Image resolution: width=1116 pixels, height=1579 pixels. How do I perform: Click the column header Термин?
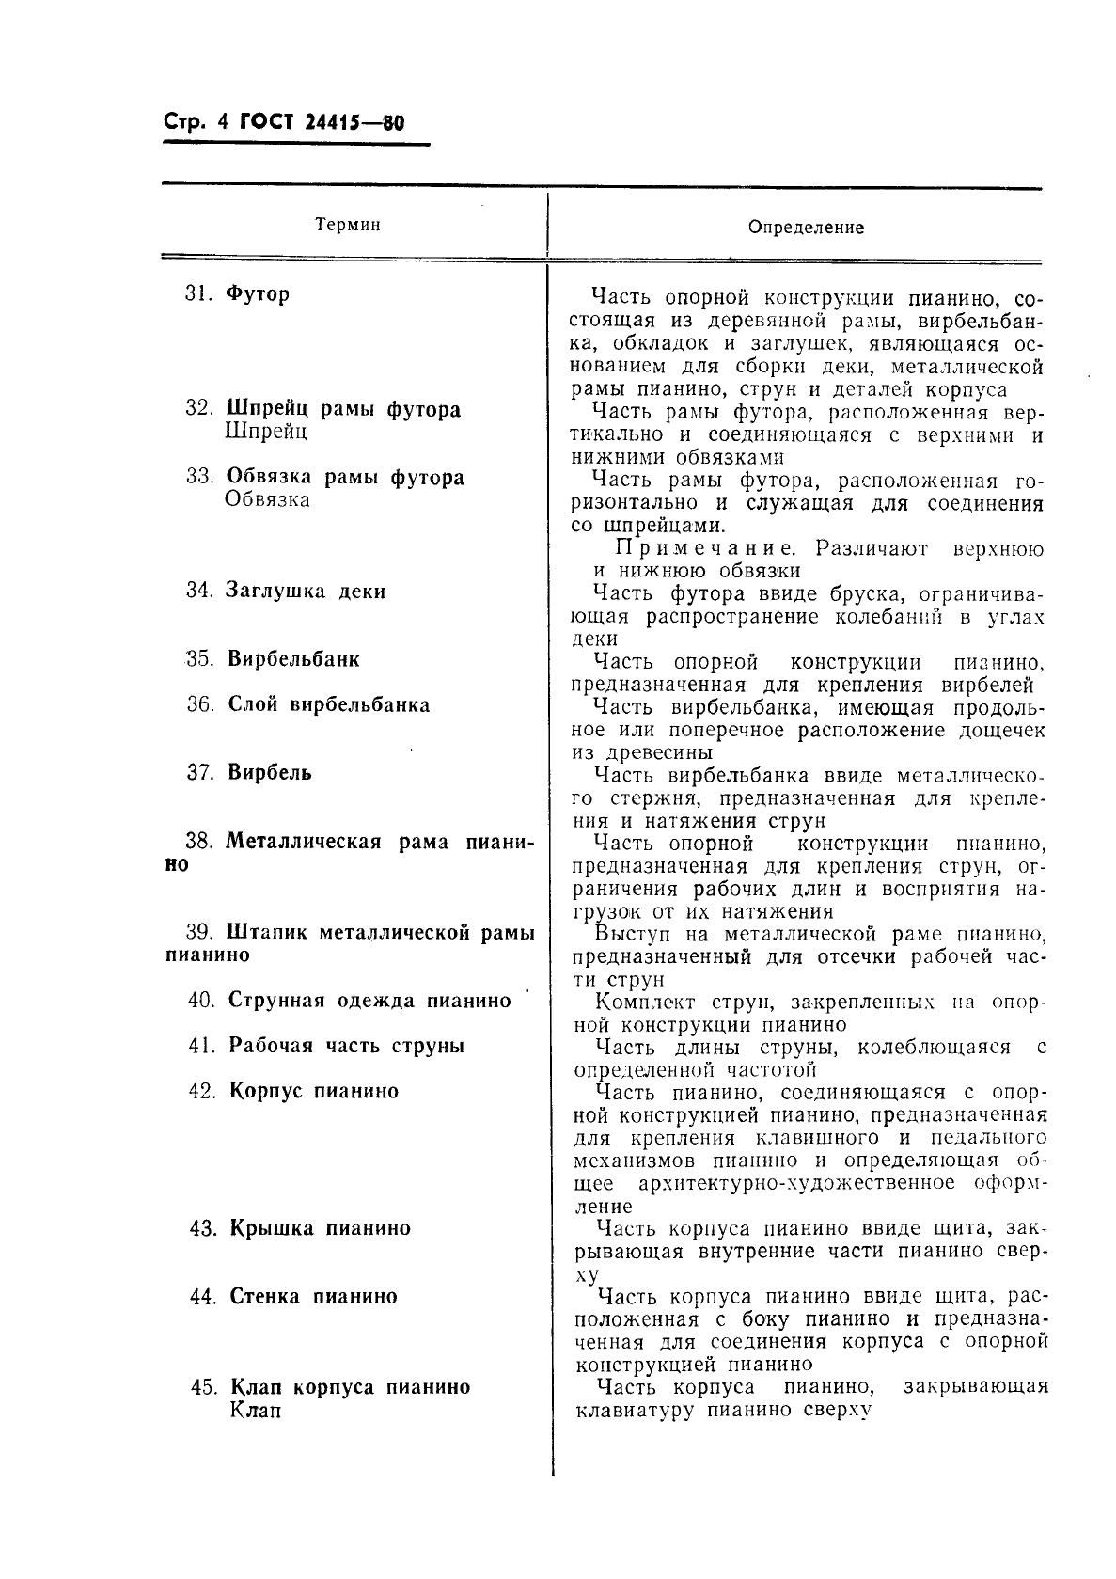coord(348,225)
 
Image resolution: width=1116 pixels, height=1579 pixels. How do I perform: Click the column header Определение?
coord(805,227)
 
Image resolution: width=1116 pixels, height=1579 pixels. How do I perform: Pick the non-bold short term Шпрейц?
coord(266,432)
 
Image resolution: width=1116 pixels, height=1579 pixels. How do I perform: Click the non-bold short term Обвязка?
coord(268,499)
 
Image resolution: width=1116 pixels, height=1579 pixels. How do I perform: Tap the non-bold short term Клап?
coord(255,1411)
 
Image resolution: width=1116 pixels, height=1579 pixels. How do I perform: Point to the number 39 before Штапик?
coord(199,933)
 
